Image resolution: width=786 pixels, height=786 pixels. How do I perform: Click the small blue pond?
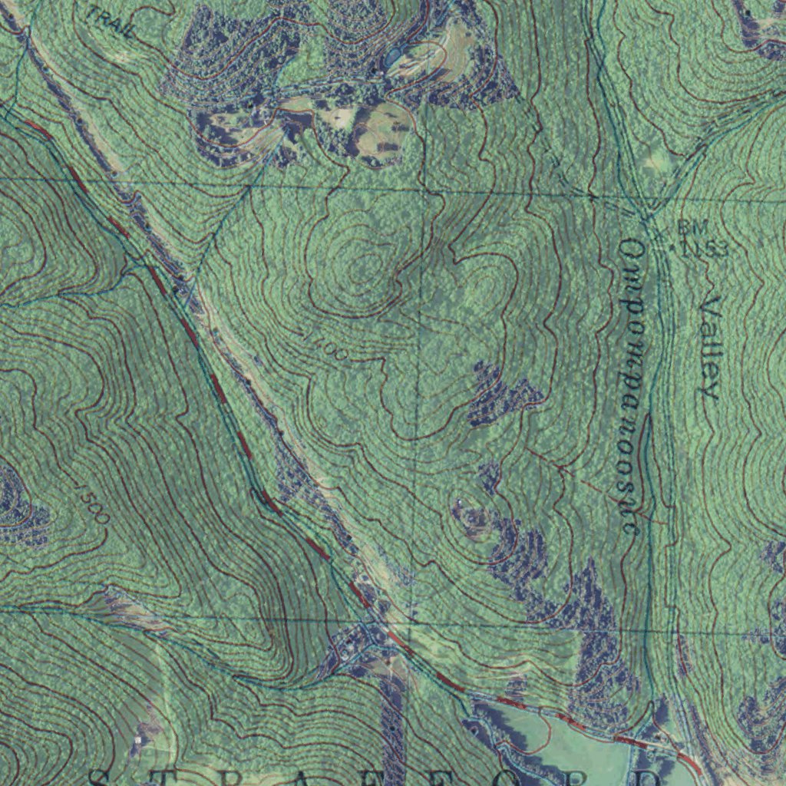(x=393, y=56)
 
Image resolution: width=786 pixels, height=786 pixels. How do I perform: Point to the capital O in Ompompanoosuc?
(x=631, y=249)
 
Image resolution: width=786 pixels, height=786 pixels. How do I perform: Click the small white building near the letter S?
(x=138, y=741)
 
